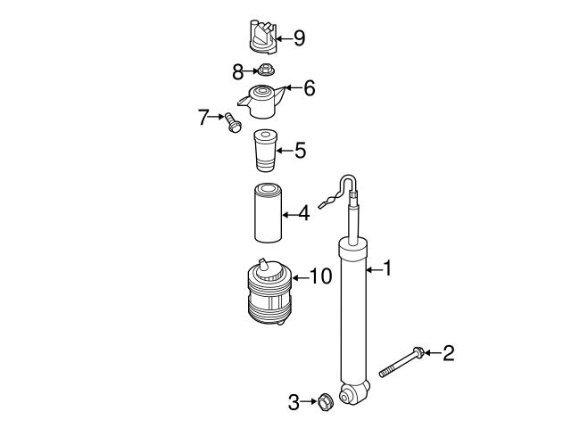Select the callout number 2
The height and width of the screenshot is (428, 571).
449,354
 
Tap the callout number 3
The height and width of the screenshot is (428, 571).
294,403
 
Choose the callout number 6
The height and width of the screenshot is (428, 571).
309,88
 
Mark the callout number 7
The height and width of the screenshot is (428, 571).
203,116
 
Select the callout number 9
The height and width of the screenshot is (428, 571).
299,37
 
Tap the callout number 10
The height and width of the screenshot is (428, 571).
320,277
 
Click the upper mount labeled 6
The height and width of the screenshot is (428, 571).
261,102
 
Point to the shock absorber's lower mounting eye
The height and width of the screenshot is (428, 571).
354,392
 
